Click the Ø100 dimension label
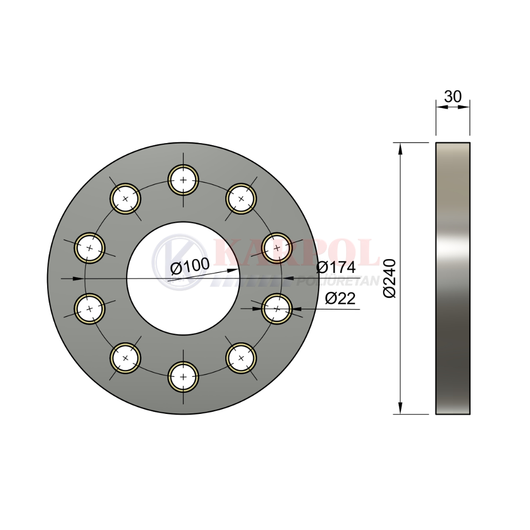click(x=190, y=266)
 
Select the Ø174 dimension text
click(x=336, y=267)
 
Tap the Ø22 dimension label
click(x=340, y=298)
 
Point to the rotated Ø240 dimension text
click(x=390, y=279)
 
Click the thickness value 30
click(x=453, y=96)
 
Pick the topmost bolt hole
click(x=183, y=180)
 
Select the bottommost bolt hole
click(x=183, y=376)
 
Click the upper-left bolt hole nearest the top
click(x=126, y=199)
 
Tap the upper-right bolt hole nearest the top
click(x=241, y=199)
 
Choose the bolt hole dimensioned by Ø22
click(x=277, y=308)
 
